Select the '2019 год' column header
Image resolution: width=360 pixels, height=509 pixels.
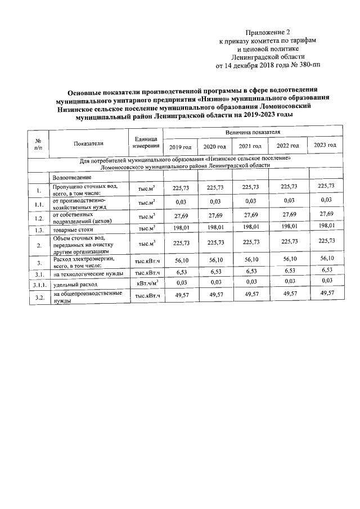[180, 147]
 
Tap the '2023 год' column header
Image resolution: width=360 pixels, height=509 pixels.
[326, 145]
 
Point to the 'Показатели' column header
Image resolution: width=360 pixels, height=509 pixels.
[88, 143]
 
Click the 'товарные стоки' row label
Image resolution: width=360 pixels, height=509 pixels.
[73, 230]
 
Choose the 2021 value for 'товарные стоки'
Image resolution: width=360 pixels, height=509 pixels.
[249, 228]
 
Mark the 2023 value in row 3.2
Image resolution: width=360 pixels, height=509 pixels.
[326, 293]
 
